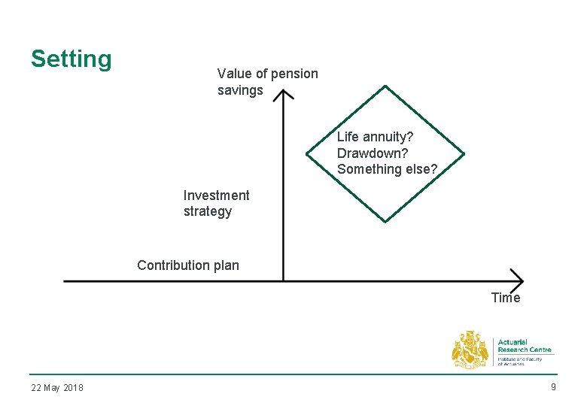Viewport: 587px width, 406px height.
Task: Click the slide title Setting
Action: (71, 59)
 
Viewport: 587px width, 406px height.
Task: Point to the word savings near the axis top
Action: (240, 90)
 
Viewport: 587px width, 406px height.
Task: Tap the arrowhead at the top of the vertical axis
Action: (283, 95)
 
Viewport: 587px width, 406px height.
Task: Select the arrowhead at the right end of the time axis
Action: (518, 280)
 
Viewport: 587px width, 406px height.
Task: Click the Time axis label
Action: (505, 298)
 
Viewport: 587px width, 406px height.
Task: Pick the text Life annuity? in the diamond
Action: (375, 137)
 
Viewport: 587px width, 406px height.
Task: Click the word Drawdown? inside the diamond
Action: (373, 153)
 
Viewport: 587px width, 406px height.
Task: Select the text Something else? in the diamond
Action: (387, 169)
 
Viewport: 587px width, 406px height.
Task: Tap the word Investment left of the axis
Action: (216, 195)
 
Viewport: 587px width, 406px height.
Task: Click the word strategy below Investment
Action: (208, 212)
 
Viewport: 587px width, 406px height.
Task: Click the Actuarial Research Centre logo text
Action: (525, 345)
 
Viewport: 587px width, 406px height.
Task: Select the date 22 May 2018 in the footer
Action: (57, 388)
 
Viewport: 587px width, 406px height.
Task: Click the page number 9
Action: (553, 387)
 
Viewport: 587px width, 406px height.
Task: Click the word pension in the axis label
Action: (294, 74)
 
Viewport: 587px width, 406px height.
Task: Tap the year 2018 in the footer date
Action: (73, 388)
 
